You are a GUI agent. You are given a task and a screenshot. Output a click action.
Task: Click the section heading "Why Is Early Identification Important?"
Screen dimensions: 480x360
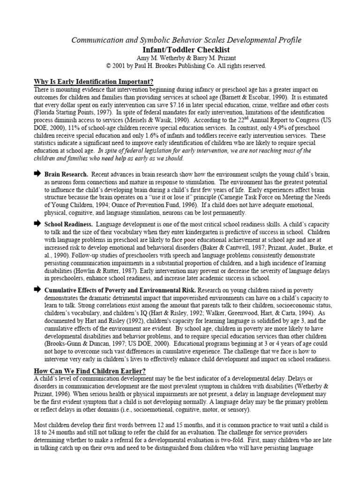click(94, 81)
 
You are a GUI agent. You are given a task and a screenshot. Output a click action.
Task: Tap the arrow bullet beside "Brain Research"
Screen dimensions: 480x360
click(37, 174)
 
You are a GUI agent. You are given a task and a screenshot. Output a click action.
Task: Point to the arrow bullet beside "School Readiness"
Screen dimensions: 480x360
click(37, 225)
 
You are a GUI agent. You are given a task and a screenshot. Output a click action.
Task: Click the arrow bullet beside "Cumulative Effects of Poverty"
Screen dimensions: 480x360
click(37, 290)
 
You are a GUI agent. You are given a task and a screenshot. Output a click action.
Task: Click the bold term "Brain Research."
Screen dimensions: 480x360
click(66, 174)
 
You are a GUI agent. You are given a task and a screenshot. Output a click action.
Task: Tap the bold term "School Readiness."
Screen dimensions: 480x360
click(68, 225)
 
